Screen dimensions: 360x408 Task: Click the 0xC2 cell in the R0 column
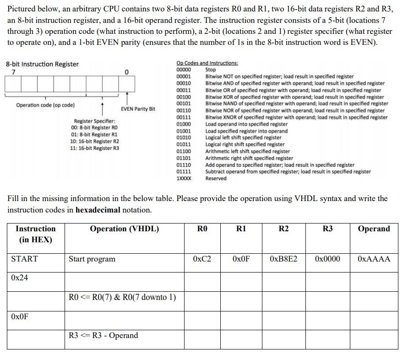coord(202,259)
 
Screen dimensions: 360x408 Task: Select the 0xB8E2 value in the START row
coord(283,259)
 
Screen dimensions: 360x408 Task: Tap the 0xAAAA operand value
coord(374,259)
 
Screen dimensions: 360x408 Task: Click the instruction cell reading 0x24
coord(19,278)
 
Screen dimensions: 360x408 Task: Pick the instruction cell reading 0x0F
coord(19,316)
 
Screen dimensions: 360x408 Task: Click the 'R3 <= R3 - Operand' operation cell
coord(103,335)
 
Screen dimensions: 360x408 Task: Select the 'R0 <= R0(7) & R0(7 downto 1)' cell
coord(122,297)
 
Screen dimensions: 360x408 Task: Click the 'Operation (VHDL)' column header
coord(124,229)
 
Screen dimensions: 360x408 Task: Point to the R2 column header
coord(283,229)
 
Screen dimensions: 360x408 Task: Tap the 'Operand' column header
coord(374,229)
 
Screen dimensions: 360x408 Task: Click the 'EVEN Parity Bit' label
coord(138,109)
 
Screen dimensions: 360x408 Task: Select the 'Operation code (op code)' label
coord(45,105)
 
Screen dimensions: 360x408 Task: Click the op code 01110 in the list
coord(184,165)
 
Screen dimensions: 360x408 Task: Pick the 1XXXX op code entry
coord(184,179)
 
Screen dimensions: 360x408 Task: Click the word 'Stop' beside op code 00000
coord(211,70)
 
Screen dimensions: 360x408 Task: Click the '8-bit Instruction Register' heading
coord(42,64)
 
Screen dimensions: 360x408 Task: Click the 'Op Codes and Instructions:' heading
coord(207,63)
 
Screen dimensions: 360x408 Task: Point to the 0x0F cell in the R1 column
coord(241,259)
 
